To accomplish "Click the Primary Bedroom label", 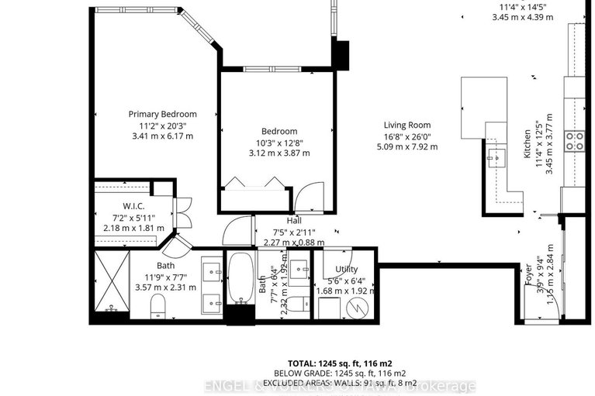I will (163, 114).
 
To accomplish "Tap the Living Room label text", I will (409, 125).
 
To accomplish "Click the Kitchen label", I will (528, 143).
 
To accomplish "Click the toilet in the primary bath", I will (157, 305).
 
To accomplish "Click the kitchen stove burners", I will (574, 141).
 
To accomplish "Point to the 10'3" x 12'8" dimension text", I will (278, 142).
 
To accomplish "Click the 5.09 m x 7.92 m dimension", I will (409, 147).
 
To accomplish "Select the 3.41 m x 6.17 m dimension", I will (163, 136).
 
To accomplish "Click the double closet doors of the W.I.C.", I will (183, 212).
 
